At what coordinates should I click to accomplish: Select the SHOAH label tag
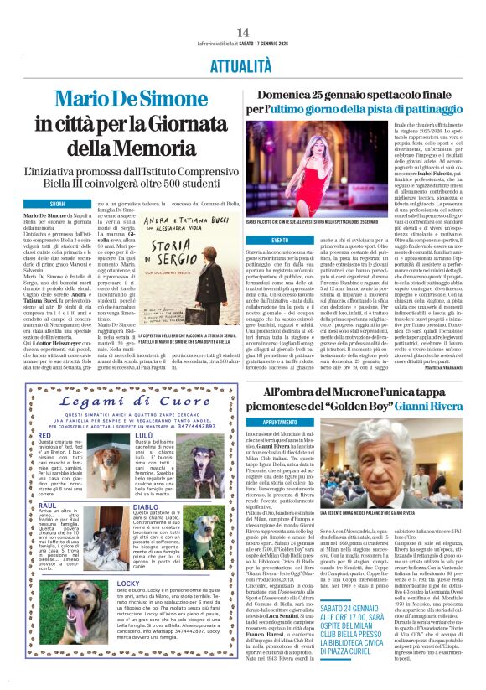click(57, 204)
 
